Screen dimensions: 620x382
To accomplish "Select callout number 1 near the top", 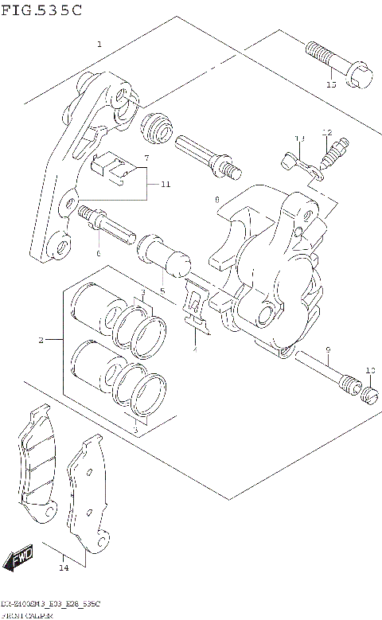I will pos(99,45).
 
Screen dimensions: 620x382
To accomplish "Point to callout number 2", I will pos(41,341).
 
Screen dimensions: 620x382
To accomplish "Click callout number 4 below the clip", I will pos(194,349).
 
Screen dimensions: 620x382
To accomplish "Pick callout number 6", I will pos(99,253).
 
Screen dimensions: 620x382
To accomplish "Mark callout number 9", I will pos(326,351).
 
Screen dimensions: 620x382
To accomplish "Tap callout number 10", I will pos(369,370).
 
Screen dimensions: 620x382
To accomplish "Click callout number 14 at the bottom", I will pos(63,567).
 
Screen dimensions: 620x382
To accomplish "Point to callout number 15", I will pos(331,84).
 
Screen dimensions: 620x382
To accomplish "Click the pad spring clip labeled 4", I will pos(194,306).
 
